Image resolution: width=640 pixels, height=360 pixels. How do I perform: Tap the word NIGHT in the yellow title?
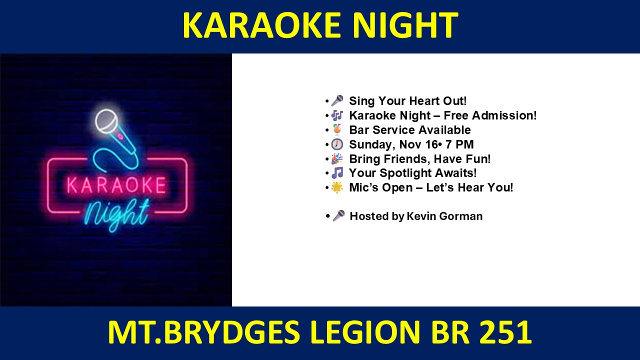[405, 25]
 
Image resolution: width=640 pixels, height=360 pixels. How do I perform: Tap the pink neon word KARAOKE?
[116, 185]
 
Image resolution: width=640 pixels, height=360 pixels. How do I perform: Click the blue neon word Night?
[117, 214]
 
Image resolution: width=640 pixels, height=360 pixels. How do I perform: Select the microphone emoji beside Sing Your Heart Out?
[337, 101]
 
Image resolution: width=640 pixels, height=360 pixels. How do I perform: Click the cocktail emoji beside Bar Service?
[337, 129]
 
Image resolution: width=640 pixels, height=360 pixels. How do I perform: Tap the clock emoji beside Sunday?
[337, 144]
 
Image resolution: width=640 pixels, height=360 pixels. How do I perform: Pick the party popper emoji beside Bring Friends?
[337, 159]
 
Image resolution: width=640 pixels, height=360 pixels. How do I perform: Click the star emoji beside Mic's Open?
[337, 187]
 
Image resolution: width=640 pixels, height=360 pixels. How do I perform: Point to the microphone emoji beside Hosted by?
[338, 216]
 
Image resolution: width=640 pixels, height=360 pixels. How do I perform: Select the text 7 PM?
[459, 144]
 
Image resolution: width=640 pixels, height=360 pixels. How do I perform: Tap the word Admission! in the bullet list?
[504, 115]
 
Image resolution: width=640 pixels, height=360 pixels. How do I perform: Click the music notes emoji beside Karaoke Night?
[337, 115]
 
